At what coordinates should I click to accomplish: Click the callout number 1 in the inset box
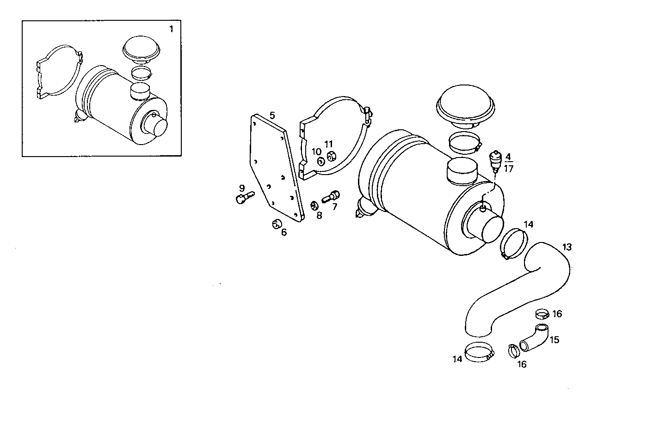[171, 29]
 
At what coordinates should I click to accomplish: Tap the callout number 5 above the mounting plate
[272, 115]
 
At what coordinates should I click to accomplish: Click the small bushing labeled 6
[277, 224]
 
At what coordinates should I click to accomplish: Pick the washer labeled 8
[314, 205]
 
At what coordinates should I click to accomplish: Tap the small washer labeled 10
[320, 161]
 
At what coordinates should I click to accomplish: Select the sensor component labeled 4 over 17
[495, 160]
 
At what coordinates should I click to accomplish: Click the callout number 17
[509, 169]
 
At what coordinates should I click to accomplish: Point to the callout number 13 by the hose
[567, 247]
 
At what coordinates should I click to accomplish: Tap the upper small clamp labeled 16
[542, 315]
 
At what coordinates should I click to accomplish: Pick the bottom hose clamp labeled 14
[480, 352]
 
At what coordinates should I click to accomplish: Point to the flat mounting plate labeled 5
[276, 166]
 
